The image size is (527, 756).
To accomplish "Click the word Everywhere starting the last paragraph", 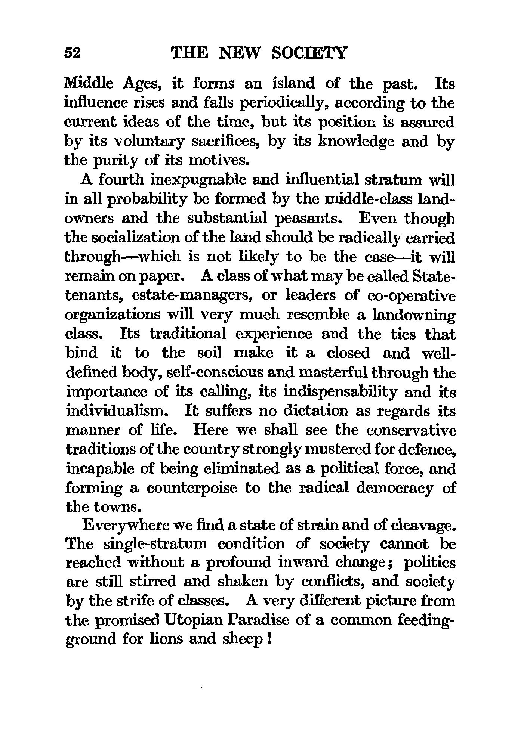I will click(126, 526).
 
